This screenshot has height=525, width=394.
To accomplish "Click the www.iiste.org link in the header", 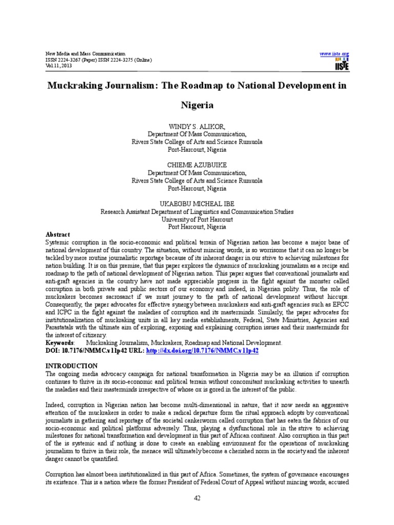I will click(334, 54).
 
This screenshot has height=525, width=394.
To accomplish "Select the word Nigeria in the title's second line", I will click(197, 106).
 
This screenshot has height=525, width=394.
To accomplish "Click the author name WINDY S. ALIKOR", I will click(197, 126).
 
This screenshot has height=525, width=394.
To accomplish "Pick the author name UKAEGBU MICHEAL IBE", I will click(197, 204).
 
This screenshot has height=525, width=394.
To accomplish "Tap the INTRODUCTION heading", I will click(71, 366).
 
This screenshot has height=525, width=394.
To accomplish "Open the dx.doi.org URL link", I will click(202, 350).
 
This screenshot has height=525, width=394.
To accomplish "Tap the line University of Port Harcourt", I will click(197, 219).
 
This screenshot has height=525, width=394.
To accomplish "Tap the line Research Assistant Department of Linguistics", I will click(197, 211).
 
